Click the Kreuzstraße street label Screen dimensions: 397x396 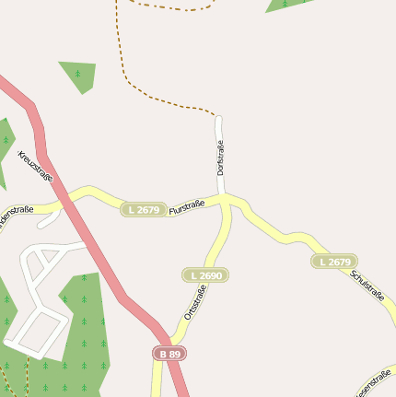(36, 166)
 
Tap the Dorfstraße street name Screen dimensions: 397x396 (220, 158)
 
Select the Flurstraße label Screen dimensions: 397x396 (187, 208)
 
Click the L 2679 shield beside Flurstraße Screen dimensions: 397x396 (144, 210)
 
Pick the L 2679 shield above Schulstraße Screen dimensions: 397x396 (334, 262)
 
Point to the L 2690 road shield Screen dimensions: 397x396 (204, 275)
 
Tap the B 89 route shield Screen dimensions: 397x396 (169, 354)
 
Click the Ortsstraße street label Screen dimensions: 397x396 (194, 302)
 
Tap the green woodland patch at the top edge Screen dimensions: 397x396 (285, 5)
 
